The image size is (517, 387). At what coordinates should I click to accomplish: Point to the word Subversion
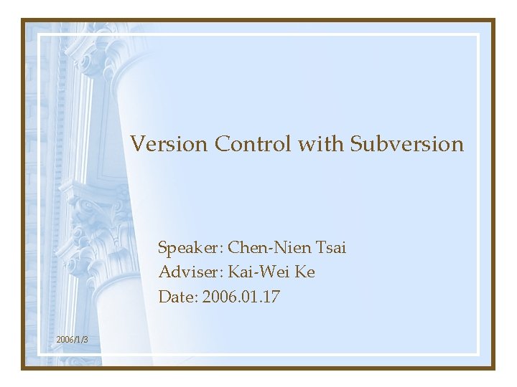407,144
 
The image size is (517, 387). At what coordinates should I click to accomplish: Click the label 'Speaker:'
191,249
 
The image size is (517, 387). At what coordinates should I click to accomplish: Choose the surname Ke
305,272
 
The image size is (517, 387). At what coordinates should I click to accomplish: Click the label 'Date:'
178,296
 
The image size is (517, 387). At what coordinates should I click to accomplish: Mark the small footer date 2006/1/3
72,339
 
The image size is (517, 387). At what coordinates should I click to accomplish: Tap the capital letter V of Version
137,144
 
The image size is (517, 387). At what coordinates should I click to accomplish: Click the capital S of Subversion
356,144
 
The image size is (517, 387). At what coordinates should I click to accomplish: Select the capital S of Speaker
162,249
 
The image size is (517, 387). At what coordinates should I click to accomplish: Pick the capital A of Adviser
164,272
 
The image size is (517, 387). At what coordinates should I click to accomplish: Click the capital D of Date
164,296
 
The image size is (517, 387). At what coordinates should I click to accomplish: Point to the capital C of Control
221,144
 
